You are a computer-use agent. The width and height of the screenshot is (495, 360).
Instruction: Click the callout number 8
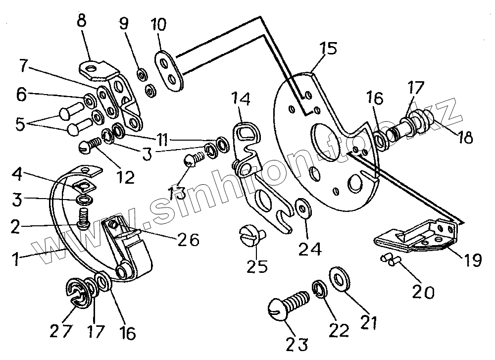(x=82, y=22)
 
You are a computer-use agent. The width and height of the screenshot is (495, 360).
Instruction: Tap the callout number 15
(x=327, y=49)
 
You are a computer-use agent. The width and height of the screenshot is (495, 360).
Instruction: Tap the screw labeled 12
(x=89, y=146)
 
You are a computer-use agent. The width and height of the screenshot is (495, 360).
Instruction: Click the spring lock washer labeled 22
(x=320, y=289)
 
